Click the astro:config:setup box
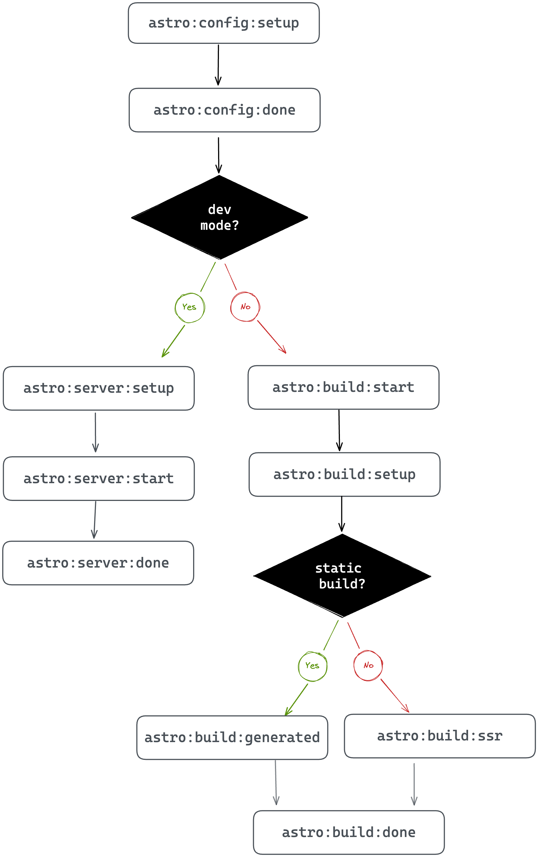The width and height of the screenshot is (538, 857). (223, 23)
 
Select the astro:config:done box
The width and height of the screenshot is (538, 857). (224, 110)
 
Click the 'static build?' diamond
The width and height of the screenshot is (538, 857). (342, 576)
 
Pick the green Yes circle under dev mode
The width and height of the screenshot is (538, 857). (190, 307)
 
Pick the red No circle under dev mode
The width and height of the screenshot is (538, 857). (245, 307)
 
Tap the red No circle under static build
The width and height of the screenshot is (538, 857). (368, 666)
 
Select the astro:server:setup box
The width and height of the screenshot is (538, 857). (98, 388)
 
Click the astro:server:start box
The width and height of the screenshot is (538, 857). (98, 478)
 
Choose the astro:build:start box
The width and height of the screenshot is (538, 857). (343, 387)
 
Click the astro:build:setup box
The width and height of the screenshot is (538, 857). (344, 474)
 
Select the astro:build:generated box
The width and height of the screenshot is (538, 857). (232, 737)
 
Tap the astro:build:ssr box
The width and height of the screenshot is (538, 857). (440, 736)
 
